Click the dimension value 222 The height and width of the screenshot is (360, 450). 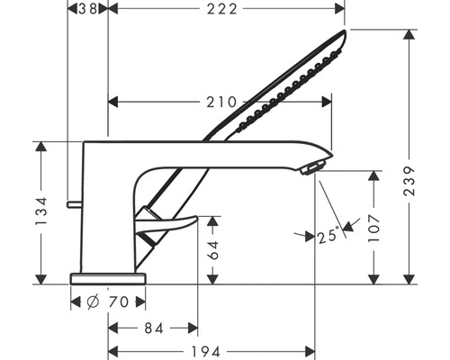pyautogui.click(x=225, y=9)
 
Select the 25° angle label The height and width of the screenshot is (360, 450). pyautogui.click(x=329, y=237)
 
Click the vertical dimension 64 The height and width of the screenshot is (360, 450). pyautogui.click(x=214, y=248)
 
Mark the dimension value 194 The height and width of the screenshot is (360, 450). pyautogui.click(x=211, y=350)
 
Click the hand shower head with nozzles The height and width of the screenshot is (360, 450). pyautogui.click(x=288, y=85)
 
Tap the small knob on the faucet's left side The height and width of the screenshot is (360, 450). pyautogui.click(x=69, y=205)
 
